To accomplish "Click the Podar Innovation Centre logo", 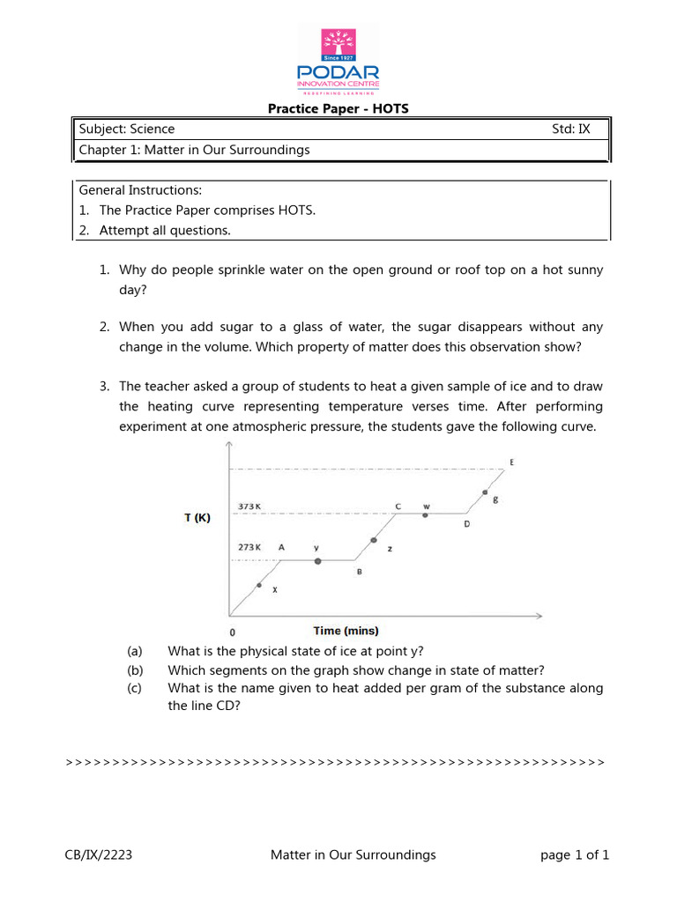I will click(x=338, y=59).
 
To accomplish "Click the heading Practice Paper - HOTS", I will click(x=338, y=109).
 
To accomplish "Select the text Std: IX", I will click(x=570, y=129).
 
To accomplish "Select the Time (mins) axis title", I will click(x=346, y=630).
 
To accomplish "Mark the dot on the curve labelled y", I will click(x=318, y=560).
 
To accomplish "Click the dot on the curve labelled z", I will click(x=374, y=539).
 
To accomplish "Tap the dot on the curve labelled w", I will click(x=425, y=514).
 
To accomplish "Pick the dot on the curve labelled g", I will click(x=484, y=492).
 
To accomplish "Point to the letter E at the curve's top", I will click(x=512, y=462).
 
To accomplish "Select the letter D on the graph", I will click(x=467, y=524).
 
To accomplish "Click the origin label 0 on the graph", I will click(x=232, y=632).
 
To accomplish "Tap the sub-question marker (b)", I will click(x=134, y=669).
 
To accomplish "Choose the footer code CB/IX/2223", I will click(x=99, y=854).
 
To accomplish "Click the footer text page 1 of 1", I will click(x=574, y=854).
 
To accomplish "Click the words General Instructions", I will click(x=140, y=190).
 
